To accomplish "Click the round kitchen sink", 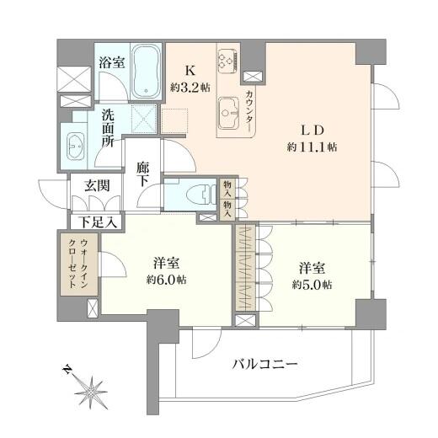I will click(x=228, y=108).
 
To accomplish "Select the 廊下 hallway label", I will click(x=144, y=175).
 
